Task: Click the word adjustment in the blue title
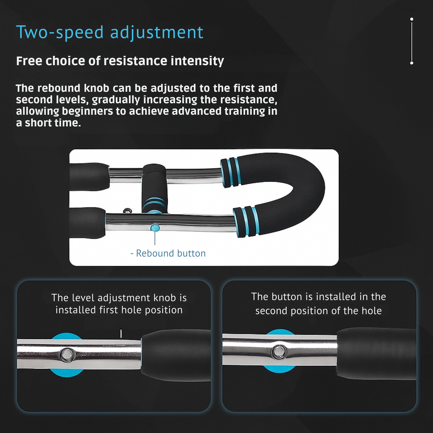(x=157, y=32)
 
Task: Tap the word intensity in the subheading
(x=197, y=61)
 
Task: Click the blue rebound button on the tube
(x=155, y=228)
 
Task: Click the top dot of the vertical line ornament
(x=412, y=19)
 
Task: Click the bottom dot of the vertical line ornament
(x=412, y=63)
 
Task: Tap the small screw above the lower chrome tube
(x=128, y=211)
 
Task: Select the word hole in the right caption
(x=372, y=311)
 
